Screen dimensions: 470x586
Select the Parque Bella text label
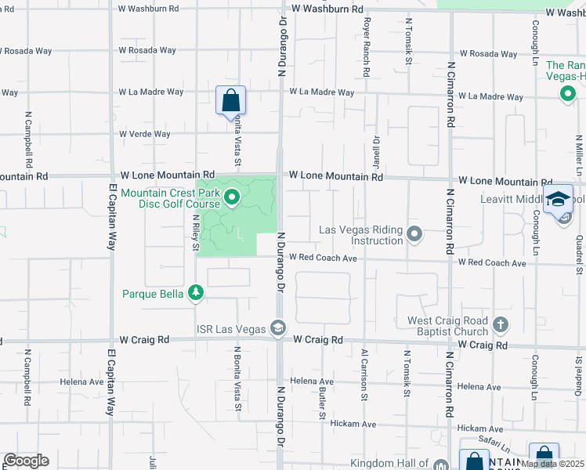coord(152,294)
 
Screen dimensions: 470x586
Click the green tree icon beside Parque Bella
coord(195,294)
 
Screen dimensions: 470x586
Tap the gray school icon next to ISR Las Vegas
coord(277,326)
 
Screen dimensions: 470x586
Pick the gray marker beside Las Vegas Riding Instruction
coord(416,233)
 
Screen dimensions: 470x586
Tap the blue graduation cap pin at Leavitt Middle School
coord(559,199)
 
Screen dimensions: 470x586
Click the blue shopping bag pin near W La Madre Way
coord(231,100)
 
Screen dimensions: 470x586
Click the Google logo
coord(26,461)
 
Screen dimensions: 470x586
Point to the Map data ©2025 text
coord(552,464)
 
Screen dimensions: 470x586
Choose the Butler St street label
coord(323,404)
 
